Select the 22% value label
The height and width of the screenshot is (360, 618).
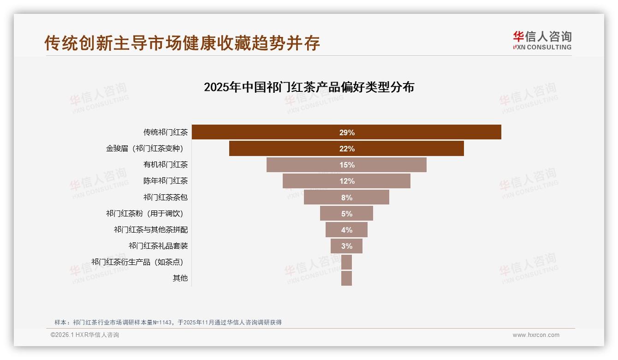pos(347,149)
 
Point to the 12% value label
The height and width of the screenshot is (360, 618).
pos(347,181)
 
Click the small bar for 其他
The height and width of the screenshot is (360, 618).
pos(346,278)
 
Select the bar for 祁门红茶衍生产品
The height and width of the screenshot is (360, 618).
pos(346,262)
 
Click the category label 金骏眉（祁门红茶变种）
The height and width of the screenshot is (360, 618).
pos(147,149)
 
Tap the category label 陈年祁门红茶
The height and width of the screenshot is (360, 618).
pos(166,181)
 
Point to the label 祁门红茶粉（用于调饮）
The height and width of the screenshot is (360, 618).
pos(147,214)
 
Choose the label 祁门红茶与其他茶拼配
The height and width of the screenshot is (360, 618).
pos(151,230)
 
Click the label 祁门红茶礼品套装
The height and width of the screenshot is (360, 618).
pos(158,246)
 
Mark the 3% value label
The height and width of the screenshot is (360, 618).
pos(347,246)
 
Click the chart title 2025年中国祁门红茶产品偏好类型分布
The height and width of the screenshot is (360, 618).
pos(309,87)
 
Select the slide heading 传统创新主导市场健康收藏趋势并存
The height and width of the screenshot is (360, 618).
pos(182,43)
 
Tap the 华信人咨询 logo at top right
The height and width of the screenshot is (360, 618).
pos(542,40)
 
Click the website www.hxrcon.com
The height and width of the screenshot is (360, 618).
pos(536,335)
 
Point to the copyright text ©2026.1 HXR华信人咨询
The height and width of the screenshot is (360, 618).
pos(85,335)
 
